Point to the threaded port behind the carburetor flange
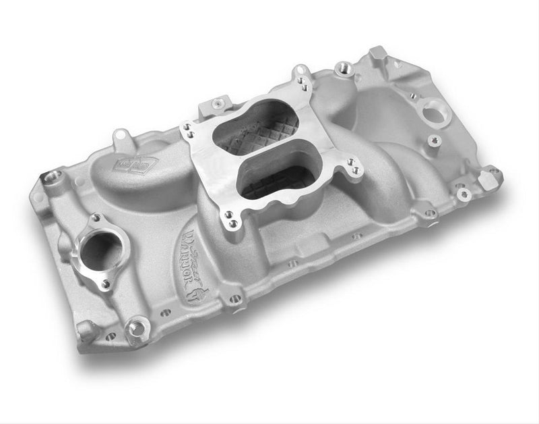[344, 67]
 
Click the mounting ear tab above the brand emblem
[121, 136]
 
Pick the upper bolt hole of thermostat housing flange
[96, 218]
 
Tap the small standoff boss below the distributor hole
[431, 141]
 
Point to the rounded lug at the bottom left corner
[86, 330]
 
